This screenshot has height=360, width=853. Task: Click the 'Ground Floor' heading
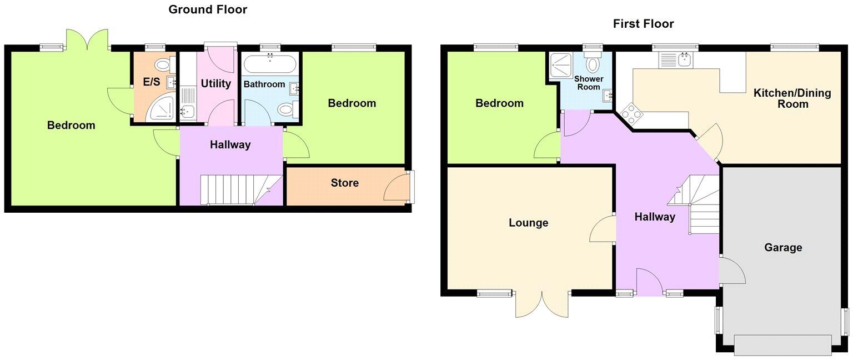coord(208,9)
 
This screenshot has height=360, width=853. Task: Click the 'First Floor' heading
coord(643,24)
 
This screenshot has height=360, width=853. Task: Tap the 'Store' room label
coord(344,183)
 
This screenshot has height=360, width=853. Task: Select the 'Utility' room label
coord(215,84)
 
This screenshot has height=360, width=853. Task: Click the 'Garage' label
coord(783,247)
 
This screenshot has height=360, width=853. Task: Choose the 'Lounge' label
coord(528,223)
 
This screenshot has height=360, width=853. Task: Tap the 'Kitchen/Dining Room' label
coord(792,98)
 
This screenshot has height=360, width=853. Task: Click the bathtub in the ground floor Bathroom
coord(270,64)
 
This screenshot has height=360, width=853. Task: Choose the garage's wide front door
coord(782,344)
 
